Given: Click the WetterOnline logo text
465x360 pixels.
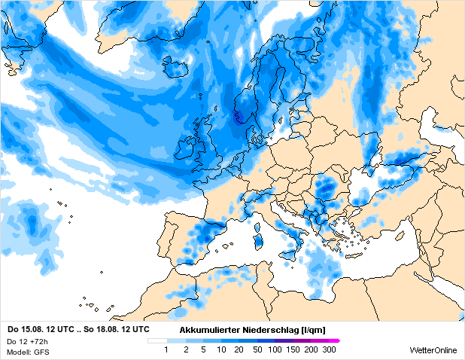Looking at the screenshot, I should coord(433,350).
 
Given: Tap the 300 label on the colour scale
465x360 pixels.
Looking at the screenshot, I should coord(329,350).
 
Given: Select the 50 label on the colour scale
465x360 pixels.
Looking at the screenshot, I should coord(257,350).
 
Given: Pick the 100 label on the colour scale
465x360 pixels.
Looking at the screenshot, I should coord(275,350).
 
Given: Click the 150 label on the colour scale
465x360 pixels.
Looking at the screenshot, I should coord(293,350).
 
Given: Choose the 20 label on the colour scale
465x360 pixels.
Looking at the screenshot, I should coord(239,350).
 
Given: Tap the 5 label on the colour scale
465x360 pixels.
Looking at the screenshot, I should coord(202,350).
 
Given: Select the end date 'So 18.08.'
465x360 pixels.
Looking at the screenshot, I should coord(102,329).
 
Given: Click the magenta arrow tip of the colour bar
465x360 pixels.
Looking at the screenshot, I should coord(338,341).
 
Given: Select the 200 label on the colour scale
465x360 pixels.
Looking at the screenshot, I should coord(311,350).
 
